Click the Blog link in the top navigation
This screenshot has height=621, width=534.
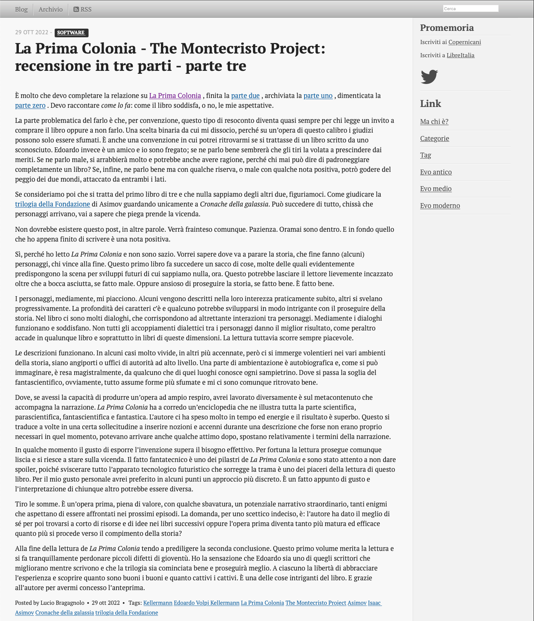pyautogui.click(x=21, y=9)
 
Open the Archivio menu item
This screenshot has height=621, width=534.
pyautogui.click(x=50, y=9)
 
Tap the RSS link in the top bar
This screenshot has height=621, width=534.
pyautogui.click(x=83, y=9)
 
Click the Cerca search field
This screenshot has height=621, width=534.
pyautogui.click(x=470, y=9)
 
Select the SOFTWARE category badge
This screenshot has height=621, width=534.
pyautogui.click(x=71, y=33)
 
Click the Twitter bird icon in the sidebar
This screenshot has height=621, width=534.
pyautogui.click(x=429, y=76)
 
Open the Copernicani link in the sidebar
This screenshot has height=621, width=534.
pyautogui.click(x=464, y=42)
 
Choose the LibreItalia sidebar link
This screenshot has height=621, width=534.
pyautogui.click(x=460, y=55)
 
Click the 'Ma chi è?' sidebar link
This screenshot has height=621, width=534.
pyautogui.click(x=434, y=122)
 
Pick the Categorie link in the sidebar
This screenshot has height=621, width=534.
pyautogui.click(x=435, y=139)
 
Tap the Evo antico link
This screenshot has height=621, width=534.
pyautogui.click(x=436, y=172)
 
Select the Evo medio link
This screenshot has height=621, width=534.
pyautogui.click(x=436, y=189)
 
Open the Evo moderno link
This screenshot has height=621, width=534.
pyautogui.click(x=440, y=206)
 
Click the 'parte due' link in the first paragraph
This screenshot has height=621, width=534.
pyautogui.click(x=245, y=96)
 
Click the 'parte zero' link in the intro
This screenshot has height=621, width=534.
pyautogui.click(x=30, y=106)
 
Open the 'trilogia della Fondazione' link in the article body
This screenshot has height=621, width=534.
pyautogui.click(x=52, y=204)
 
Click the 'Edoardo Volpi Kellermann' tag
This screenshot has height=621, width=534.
pyautogui.click(x=207, y=603)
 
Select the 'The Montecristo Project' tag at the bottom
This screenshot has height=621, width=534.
pyautogui.click(x=315, y=603)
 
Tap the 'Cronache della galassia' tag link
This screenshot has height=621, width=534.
pyautogui.click(x=64, y=613)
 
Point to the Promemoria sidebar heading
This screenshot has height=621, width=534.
pyautogui.click(x=447, y=28)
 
